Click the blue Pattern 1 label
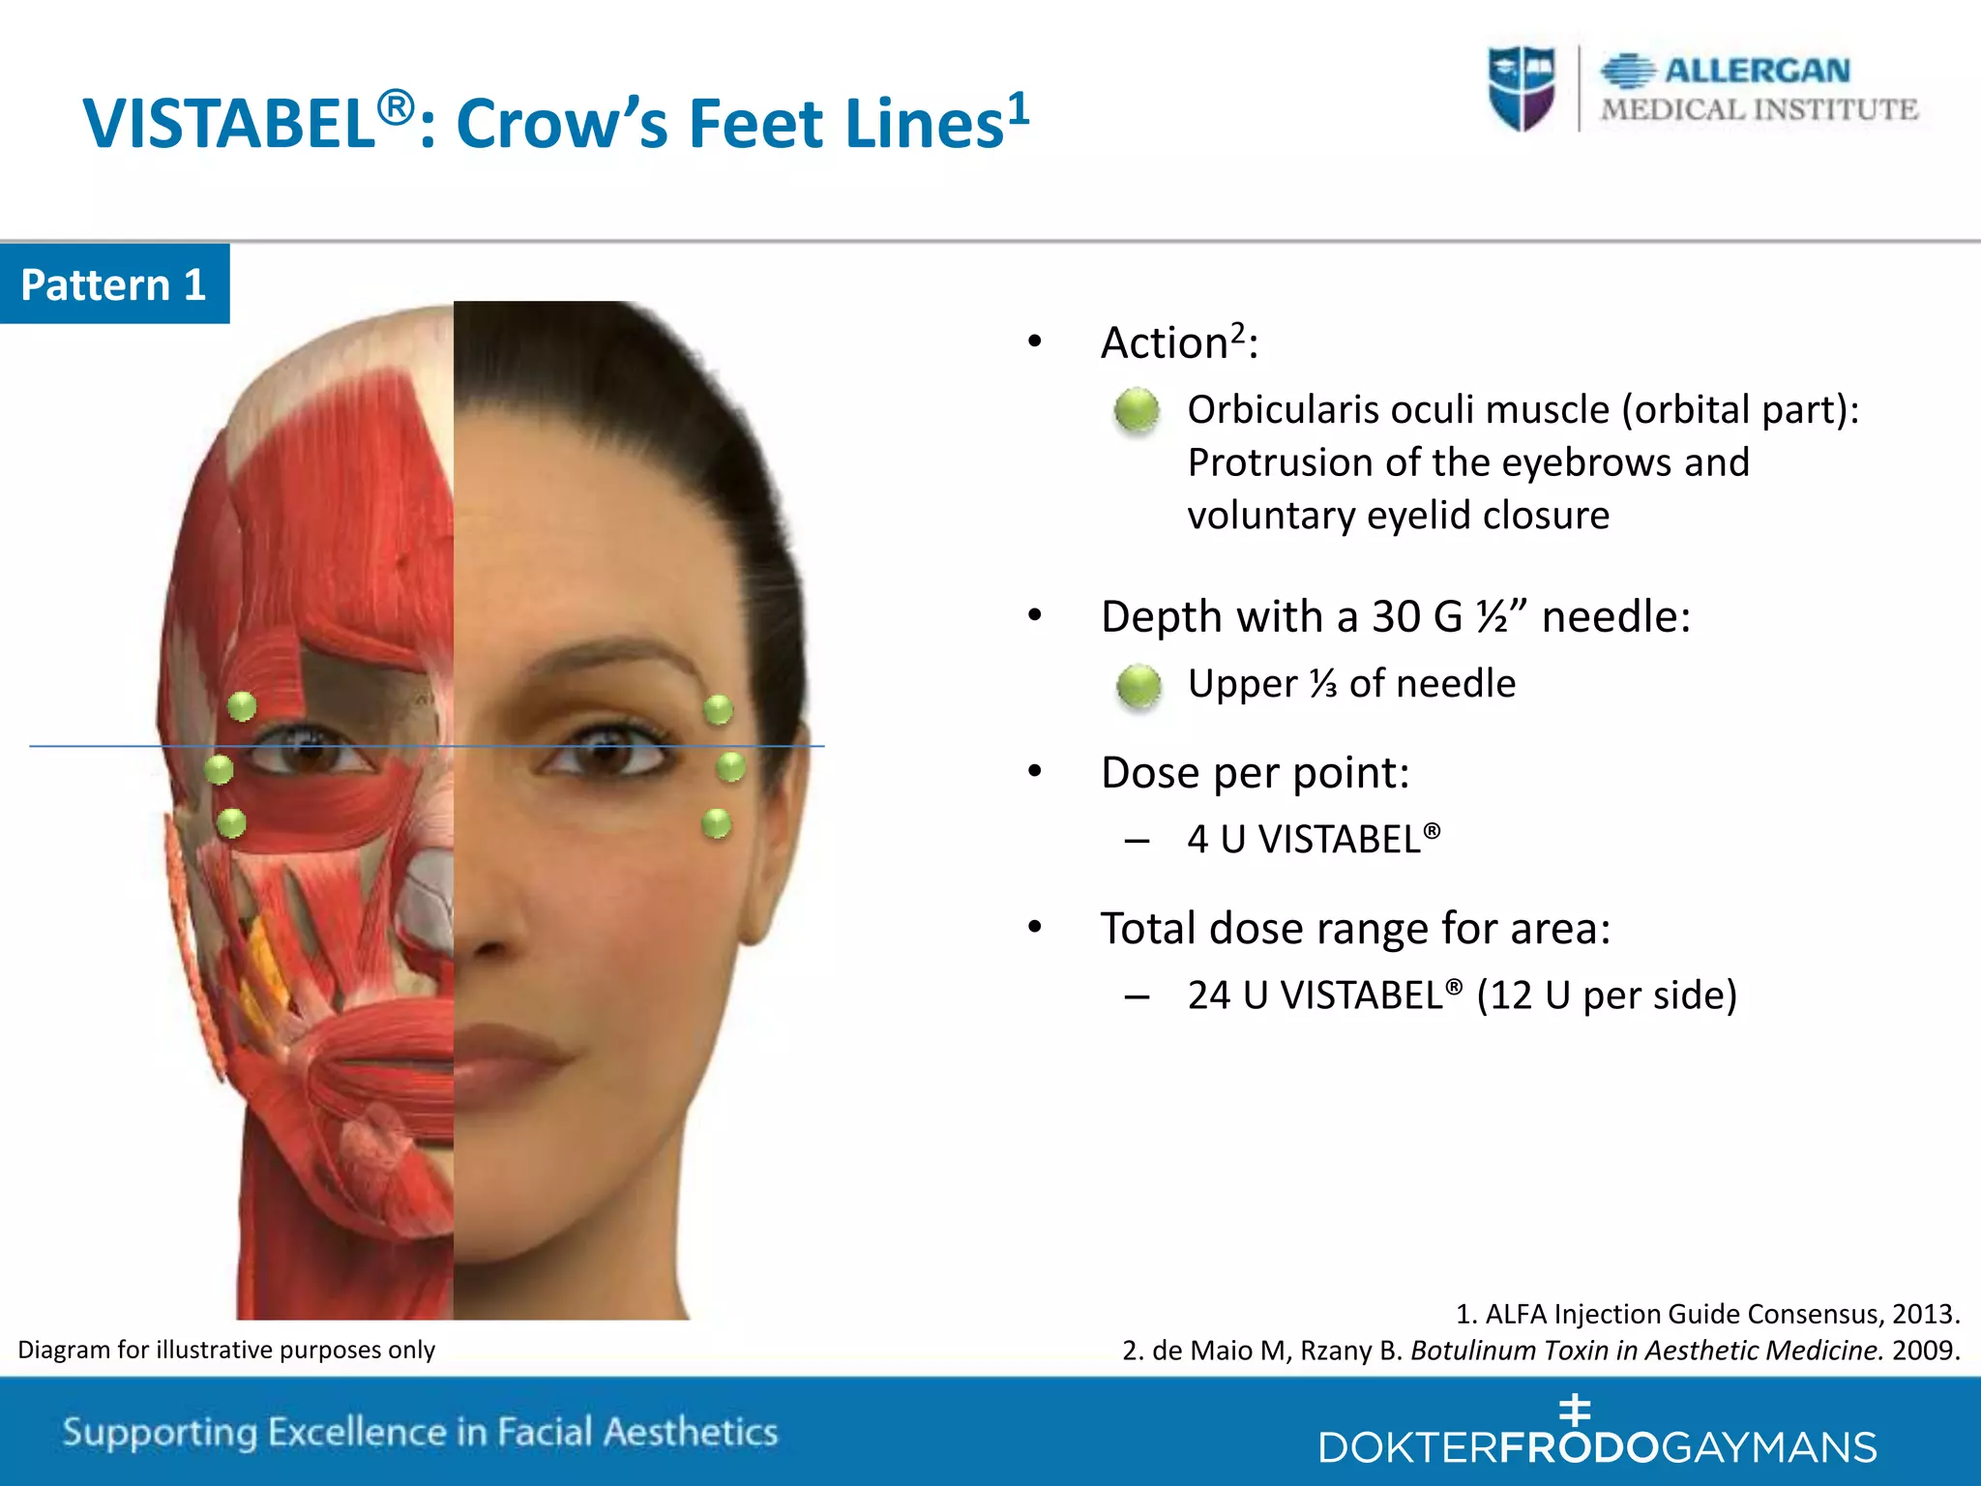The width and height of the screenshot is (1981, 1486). tap(114, 284)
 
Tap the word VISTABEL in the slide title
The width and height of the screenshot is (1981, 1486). tap(229, 125)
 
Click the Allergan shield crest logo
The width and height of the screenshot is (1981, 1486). tap(1522, 87)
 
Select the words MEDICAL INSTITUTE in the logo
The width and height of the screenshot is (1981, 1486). tap(1759, 110)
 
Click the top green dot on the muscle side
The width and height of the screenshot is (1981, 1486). tap(242, 706)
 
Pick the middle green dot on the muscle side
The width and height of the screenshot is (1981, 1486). tap(220, 769)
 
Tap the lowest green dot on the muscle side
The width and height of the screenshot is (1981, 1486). tap(231, 823)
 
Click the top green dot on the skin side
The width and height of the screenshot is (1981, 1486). tap(718, 709)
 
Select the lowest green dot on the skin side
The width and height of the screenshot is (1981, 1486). tap(716, 823)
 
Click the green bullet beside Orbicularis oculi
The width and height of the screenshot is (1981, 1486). tap(1137, 410)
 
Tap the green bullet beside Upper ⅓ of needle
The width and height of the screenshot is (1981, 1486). tap(1138, 686)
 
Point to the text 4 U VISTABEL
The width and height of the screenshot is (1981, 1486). tap(1313, 840)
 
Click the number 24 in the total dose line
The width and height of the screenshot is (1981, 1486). tap(1208, 996)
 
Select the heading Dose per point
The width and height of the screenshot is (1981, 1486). tap(1255, 773)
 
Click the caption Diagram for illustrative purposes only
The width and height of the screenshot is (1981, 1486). tap(226, 1350)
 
